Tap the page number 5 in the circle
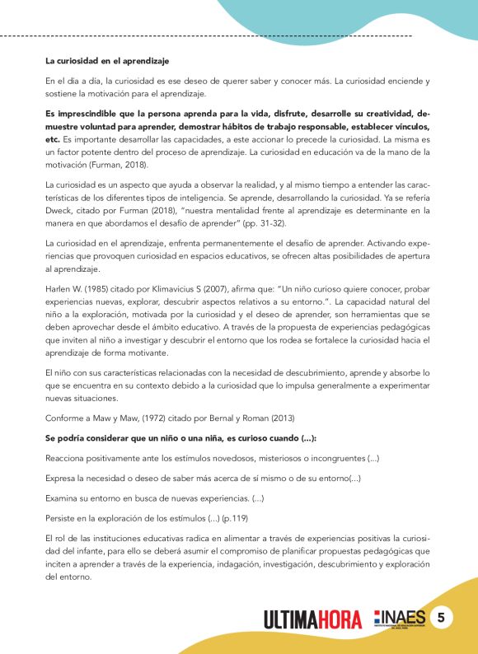pos(441,618)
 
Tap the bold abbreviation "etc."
pos(53,140)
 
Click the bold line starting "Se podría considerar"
pos(182,436)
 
